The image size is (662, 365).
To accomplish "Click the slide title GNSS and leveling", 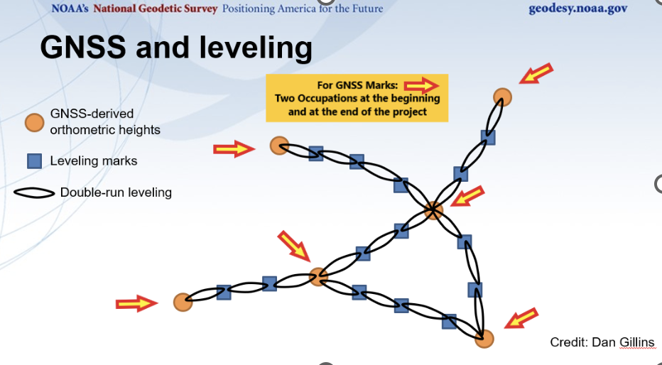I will coord(176,48).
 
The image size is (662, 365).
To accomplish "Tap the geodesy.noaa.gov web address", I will coord(578,9).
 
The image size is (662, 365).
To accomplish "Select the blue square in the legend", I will coord(34,161).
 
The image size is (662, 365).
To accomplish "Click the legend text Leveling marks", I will coord(93,161).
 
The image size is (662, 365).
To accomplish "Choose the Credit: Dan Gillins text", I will coord(602,342).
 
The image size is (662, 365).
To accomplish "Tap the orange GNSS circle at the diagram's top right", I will coord(502,97).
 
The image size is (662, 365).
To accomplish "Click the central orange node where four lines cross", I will coord(433,209).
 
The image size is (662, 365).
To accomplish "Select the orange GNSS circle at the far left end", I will coord(183,302).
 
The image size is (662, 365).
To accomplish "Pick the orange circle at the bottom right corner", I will coord(484,338).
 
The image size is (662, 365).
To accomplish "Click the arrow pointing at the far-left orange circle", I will coord(136,304).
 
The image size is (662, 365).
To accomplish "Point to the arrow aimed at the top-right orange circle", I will coord(536,72).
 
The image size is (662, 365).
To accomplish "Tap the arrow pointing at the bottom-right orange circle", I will coord(521,319).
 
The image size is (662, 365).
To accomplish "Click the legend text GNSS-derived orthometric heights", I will coord(104,121).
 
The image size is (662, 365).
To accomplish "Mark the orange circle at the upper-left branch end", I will coord(278,146).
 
